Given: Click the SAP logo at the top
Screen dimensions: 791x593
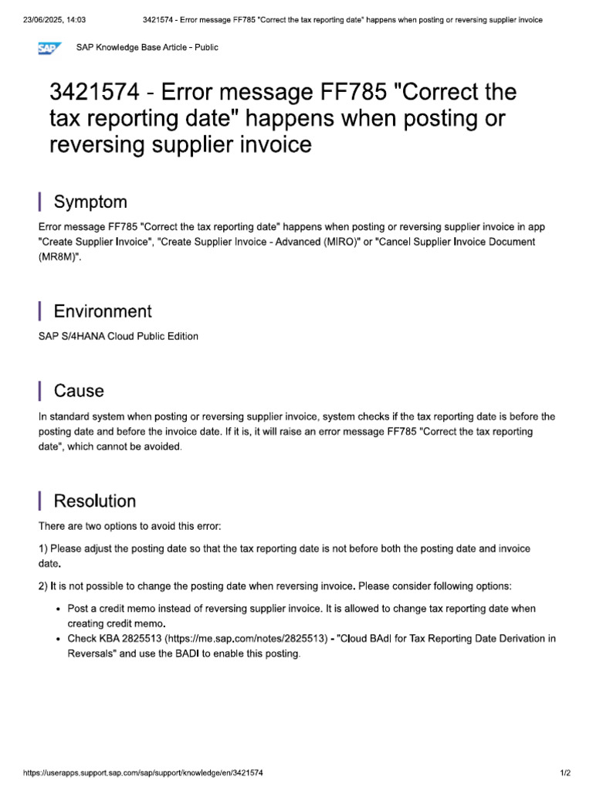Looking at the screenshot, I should (50, 49).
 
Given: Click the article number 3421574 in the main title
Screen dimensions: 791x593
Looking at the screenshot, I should (92, 93).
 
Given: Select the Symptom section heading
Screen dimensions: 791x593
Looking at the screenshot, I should (90, 202).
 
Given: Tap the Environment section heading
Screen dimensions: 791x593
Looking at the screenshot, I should (103, 311).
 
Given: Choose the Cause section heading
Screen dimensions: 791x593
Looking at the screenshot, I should (79, 391).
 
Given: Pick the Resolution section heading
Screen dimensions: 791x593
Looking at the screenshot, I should (94, 501).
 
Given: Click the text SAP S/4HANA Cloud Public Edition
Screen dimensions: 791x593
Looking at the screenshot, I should (118, 336).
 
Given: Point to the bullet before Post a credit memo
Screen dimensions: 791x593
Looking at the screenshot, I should (59, 609).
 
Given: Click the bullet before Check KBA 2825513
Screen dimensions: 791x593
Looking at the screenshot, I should (59, 640).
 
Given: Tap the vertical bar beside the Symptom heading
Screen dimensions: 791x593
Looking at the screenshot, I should (39, 202).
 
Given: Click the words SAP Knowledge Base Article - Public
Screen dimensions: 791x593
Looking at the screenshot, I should (147, 48).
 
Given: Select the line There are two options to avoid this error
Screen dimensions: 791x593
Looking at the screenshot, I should (130, 526).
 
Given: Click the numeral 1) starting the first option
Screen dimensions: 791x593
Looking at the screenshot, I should (43, 548).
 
